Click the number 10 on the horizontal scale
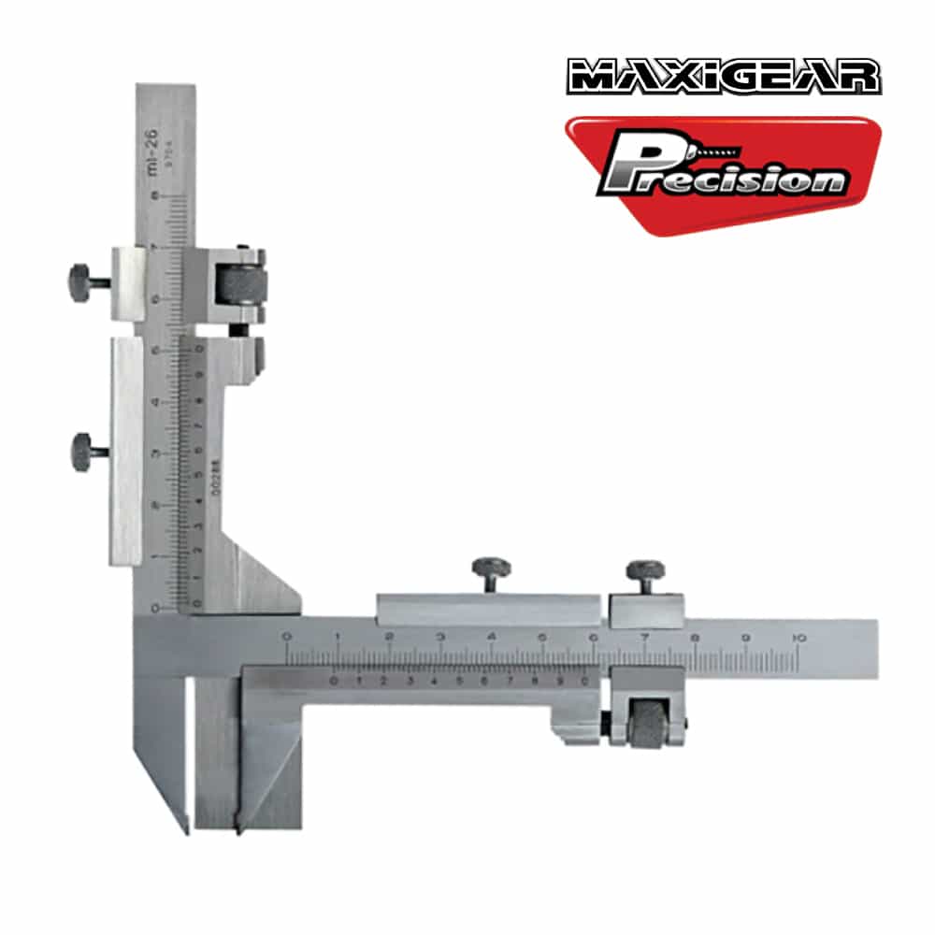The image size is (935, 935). tap(798, 638)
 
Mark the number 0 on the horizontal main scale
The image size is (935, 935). tap(285, 638)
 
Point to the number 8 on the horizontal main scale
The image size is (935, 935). tap(695, 638)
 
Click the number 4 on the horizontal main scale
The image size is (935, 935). tap(491, 638)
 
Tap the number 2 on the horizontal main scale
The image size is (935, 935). tap(388, 638)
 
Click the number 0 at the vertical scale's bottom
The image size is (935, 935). tap(155, 607)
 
